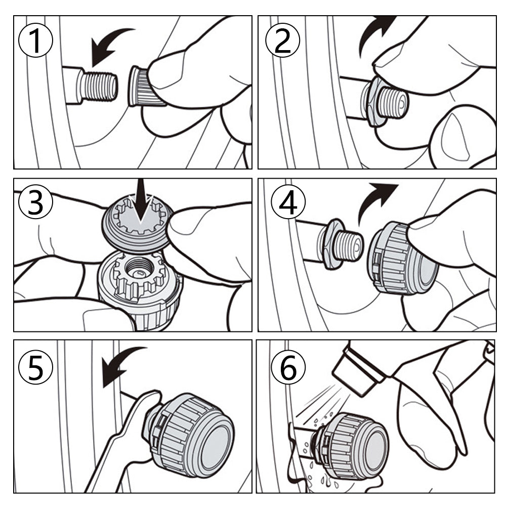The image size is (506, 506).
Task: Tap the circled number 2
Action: click(x=282, y=40)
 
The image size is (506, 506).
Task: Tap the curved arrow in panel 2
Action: click(x=374, y=32)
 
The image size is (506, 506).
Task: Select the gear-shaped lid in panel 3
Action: click(x=137, y=223)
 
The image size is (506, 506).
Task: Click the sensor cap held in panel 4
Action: click(x=402, y=258)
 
